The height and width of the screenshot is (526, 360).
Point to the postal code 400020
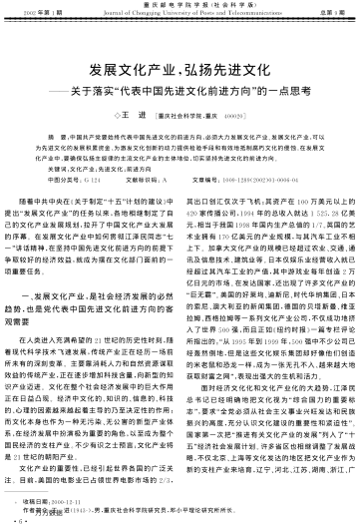pyautogui.click(x=233, y=117)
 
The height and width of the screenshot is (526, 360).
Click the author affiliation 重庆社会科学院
pyautogui.click(x=197, y=117)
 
